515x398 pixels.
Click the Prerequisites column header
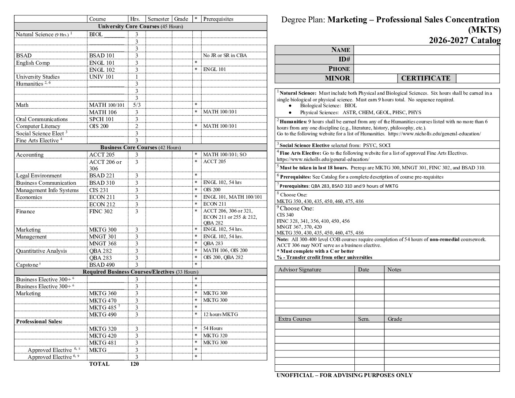218,19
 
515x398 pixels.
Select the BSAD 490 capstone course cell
102,265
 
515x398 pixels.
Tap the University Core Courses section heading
140,26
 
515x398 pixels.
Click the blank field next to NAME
426,50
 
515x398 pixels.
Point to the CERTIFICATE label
426,78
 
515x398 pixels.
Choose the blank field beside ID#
426,59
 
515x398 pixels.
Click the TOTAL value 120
135,364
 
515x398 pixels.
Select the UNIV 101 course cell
101,77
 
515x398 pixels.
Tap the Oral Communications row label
42,119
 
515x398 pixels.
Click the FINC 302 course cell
101,211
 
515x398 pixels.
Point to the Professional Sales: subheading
39,322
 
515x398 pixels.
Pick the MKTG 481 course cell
103,343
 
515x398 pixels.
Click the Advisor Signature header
300,270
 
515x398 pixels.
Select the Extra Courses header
294,319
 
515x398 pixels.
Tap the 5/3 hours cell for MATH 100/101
136,105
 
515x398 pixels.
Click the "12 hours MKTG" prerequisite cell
220,314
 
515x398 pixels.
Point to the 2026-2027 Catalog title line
465,40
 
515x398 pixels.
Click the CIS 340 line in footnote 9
285,215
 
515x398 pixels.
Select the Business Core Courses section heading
140,147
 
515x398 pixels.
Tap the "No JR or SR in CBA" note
225,56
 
